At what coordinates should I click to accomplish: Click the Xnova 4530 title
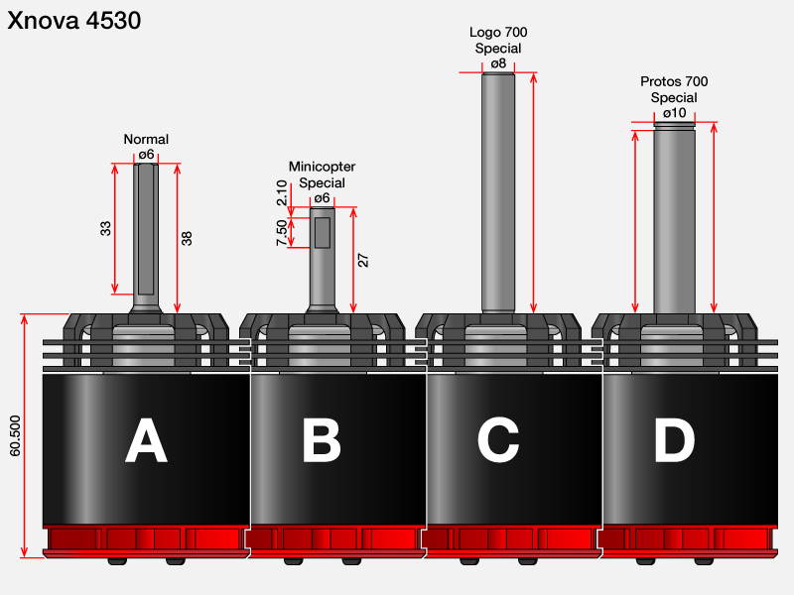click(x=73, y=21)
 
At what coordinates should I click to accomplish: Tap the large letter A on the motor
click(x=146, y=440)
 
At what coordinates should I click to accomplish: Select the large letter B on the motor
click(x=322, y=440)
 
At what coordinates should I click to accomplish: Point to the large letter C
click(x=498, y=440)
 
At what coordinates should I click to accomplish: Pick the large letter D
click(x=675, y=440)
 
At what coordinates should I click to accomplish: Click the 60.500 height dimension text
click(x=15, y=435)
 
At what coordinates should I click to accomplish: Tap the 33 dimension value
click(x=105, y=229)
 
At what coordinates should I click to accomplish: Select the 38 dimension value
click(x=187, y=239)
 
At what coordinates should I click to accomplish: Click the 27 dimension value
click(x=363, y=261)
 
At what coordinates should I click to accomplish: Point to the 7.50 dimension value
click(x=282, y=233)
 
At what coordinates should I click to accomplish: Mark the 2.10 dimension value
click(x=282, y=192)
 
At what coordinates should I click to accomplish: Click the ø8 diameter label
click(x=498, y=63)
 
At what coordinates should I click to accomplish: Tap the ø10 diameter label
click(x=675, y=113)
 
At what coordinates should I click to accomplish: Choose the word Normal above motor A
click(x=146, y=139)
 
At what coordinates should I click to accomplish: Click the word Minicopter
click(x=322, y=167)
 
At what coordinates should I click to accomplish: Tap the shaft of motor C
click(x=498, y=192)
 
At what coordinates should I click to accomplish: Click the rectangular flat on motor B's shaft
click(x=323, y=233)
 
